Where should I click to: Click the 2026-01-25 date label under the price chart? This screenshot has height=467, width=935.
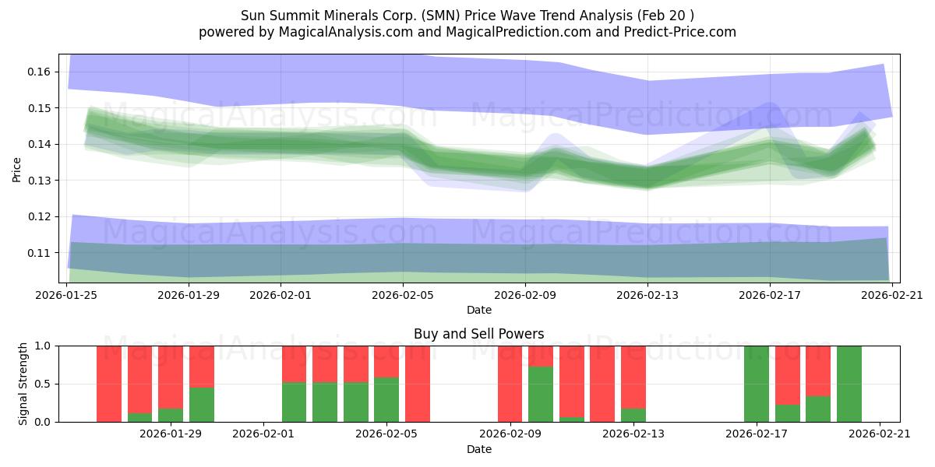[x=66, y=296]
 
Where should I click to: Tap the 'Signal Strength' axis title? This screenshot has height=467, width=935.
[x=23, y=383]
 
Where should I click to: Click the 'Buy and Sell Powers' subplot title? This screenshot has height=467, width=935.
[x=478, y=334]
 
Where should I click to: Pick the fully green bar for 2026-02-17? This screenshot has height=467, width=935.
[x=757, y=384]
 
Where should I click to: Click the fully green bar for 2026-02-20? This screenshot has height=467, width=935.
[x=849, y=384]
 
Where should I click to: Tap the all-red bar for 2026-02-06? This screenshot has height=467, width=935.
[x=418, y=384]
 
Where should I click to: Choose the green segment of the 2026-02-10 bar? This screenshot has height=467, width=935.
[x=541, y=394]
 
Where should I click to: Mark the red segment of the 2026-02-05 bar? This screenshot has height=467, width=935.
[x=386, y=361]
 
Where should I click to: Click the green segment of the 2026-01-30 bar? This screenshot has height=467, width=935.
[x=202, y=404]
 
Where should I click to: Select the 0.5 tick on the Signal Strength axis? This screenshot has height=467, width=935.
[x=43, y=384]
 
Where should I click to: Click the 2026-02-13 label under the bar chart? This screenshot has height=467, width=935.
[x=633, y=434]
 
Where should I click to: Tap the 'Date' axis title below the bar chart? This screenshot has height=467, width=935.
[x=478, y=449]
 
